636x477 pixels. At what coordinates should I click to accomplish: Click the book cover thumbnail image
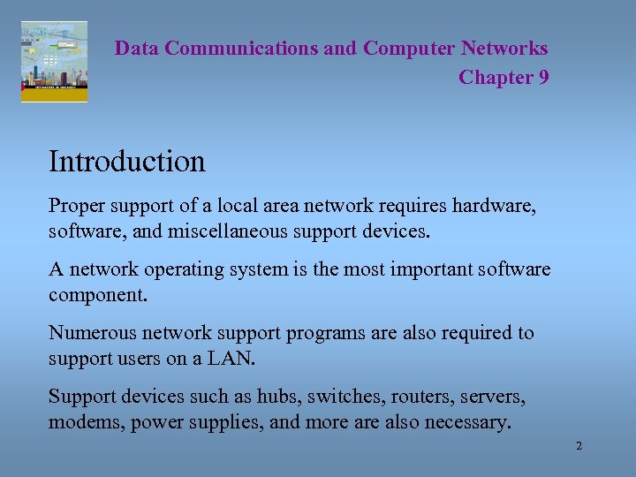54,62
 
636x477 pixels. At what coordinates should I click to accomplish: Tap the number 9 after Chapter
543,78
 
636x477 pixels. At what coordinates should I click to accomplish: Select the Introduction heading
126,162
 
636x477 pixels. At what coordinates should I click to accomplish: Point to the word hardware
495,207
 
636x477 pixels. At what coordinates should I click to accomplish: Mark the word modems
86,422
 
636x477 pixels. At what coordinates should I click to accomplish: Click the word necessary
469,422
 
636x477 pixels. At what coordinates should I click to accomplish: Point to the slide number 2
579,447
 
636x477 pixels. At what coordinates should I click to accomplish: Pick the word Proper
77,207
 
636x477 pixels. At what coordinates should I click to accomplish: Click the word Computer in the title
406,49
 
